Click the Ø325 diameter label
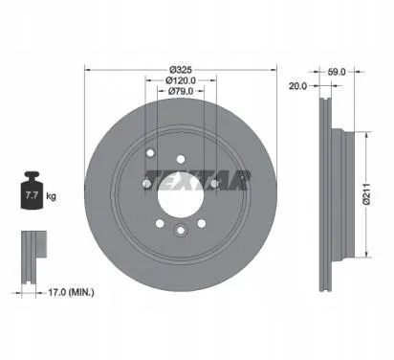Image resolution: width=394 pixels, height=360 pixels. pos(181,69)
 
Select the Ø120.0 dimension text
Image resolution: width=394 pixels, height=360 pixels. pos(181,80)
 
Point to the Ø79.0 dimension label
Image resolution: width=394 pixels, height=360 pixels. pos(181,91)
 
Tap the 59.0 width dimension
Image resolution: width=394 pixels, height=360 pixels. pos(337,72)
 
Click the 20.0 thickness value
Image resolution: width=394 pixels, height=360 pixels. pos(297,85)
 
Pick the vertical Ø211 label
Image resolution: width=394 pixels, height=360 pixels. pos(367,194)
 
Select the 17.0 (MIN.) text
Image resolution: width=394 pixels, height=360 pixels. pos(71,292)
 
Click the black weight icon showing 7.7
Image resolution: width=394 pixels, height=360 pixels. pos(32,191)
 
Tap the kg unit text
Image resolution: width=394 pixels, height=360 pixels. pos(51,195)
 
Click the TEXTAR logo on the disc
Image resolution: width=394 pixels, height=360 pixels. pos(198,180)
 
